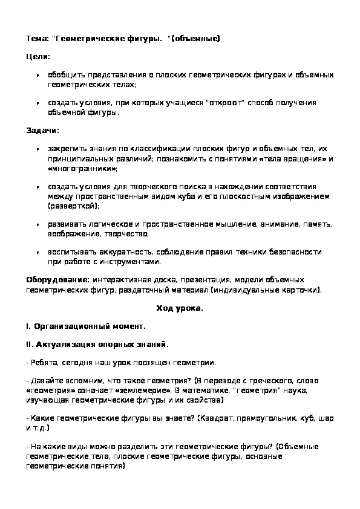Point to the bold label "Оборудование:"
point(58,280)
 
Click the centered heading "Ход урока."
point(180,308)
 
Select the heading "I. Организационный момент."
point(86,326)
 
